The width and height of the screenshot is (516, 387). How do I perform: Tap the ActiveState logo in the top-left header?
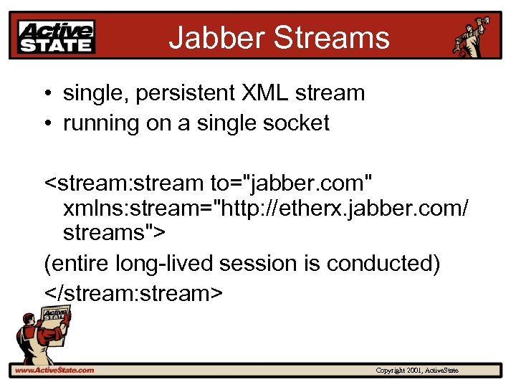click(x=57, y=36)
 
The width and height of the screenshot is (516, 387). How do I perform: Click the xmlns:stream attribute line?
click(x=266, y=209)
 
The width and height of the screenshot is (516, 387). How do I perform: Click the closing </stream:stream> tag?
click(x=133, y=294)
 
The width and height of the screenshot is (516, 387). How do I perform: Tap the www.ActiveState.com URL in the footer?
click(x=55, y=371)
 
